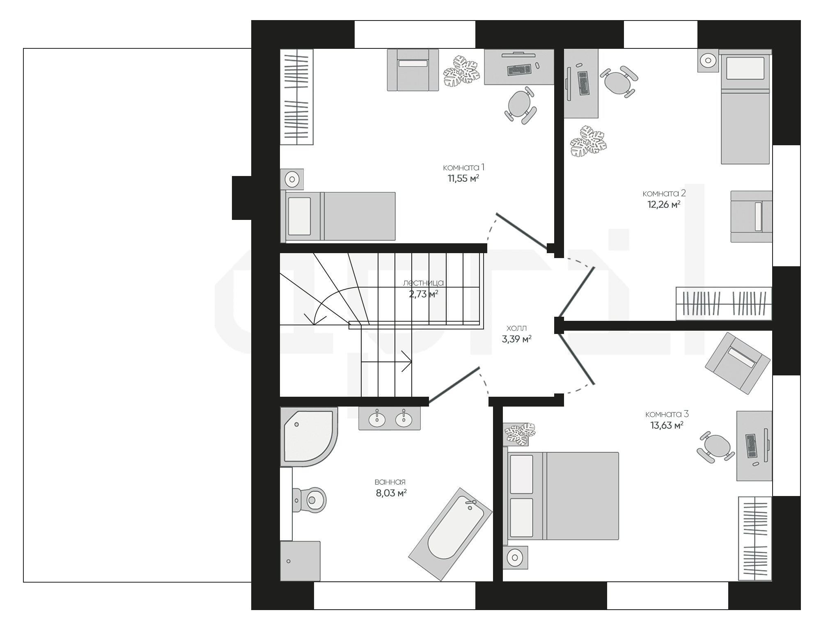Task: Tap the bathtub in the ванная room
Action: (450, 534)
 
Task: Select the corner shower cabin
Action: (309, 437)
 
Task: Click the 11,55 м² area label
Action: (463, 178)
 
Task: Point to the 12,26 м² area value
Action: (664, 204)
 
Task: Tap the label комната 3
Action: (667, 414)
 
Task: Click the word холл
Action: (516, 328)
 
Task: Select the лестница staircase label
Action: (423, 283)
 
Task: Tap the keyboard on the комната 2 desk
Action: (583, 83)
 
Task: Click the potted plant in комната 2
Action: (588, 141)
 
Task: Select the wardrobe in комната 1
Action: (296, 97)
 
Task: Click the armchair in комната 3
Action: (738, 363)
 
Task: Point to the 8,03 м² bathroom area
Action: (391, 493)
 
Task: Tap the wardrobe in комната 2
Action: (724, 304)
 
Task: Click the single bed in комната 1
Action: (338, 216)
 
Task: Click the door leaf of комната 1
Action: (522, 231)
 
